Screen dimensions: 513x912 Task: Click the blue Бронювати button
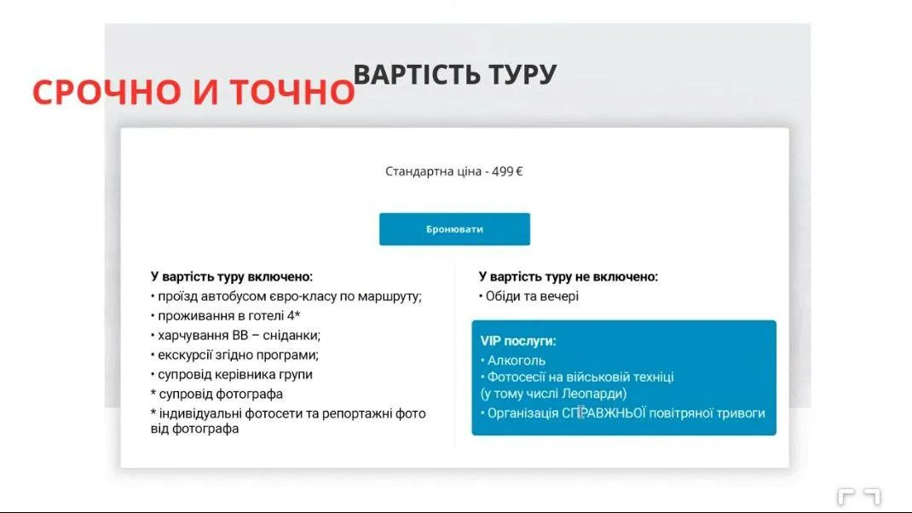tap(454, 229)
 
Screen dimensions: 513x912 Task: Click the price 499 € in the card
tap(507, 171)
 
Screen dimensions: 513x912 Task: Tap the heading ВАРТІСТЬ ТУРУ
tap(454, 74)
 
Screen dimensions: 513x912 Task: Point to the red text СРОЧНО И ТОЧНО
tap(193, 92)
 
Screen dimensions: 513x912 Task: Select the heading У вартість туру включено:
tap(232, 277)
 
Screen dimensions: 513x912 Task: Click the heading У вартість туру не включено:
tap(569, 277)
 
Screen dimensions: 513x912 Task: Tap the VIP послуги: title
tap(518, 341)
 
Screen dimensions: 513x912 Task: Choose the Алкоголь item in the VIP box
tap(516, 360)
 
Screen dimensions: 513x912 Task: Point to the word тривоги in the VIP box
tap(739, 413)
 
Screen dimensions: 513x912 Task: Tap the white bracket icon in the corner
tap(858, 496)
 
